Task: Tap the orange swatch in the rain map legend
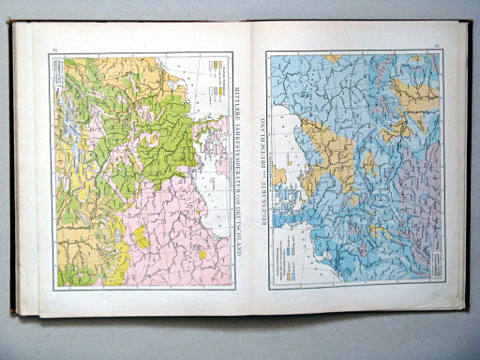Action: (278, 250)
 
